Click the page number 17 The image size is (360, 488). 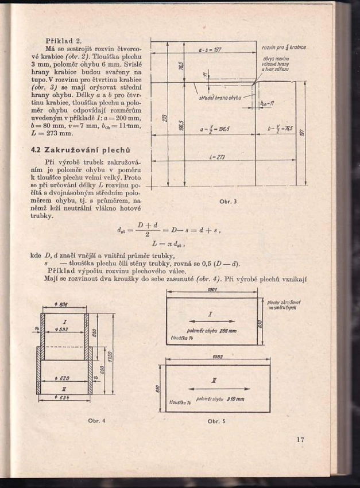pyautogui.click(x=300, y=440)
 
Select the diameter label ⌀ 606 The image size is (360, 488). pyautogui.click(x=64, y=304)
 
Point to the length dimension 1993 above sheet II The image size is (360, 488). pyautogui.click(x=217, y=357)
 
